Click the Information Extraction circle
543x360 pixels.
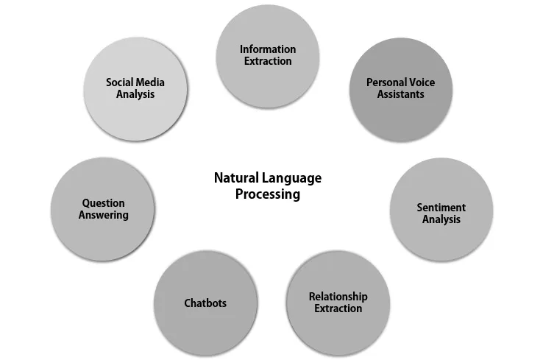267,55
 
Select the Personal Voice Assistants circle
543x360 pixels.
400,89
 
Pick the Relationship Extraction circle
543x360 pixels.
338,303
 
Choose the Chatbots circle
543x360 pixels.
205,303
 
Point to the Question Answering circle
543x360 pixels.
103,209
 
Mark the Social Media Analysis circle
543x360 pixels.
135,89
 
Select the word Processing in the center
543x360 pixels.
268,195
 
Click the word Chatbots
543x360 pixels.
205,303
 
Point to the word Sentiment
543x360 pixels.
441,208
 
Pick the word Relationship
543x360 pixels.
338,297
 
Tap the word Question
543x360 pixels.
103,203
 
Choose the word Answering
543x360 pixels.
103,216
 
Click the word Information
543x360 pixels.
268,49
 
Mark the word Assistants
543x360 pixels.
400,95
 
